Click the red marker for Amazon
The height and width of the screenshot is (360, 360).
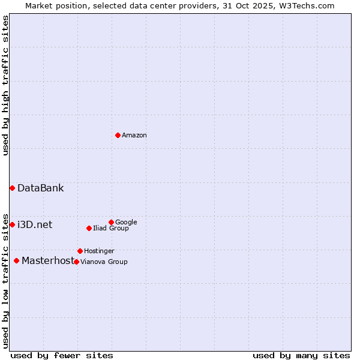pyautogui.click(x=118, y=135)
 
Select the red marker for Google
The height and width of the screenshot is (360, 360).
pyautogui.click(x=111, y=222)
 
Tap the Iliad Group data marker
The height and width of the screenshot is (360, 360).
pyautogui.click(x=89, y=228)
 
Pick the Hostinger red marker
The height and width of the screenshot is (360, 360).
pyautogui.click(x=80, y=251)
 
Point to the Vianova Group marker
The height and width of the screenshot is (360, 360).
pyautogui.click(x=76, y=262)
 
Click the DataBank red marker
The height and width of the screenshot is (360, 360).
pyautogui.click(x=12, y=188)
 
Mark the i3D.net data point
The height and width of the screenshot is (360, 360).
pyautogui.click(x=12, y=224)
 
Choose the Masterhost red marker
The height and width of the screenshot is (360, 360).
pyautogui.click(x=16, y=260)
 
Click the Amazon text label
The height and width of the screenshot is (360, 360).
pyautogui.click(x=134, y=136)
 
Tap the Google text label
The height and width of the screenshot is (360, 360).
pyautogui.click(x=126, y=222)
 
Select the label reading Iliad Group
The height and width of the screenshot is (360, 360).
pyautogui.click(x=110, y=228)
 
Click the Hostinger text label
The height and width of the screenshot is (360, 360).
pyautogui.click(x=99, y=251)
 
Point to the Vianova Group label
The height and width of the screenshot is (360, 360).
pyautogui.click(x=104, y=262)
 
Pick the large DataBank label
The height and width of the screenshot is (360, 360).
pyautogui.click(x=40, y=188)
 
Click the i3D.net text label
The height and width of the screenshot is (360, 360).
pyautogui.click(x=35, y=225)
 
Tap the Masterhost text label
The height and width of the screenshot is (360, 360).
pyautogui.click(x=47, y=261)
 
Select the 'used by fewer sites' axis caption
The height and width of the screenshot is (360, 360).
pyautogui.click(x=62, y=355)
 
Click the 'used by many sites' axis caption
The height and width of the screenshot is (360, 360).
pyautogui.click(x=301, y=355)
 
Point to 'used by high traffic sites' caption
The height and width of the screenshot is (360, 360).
pyautogui.click(x=6, y=85)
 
